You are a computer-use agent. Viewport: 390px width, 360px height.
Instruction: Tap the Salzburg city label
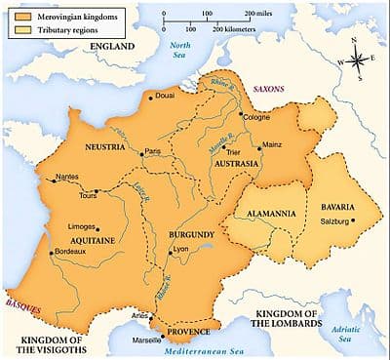[x=333, y=220]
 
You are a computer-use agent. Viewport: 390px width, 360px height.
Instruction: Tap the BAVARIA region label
[x=331, y=206]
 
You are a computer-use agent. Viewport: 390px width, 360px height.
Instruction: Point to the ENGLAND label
[x=115, y=46]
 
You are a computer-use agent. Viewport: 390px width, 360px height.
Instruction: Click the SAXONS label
[x=268, y=89]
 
